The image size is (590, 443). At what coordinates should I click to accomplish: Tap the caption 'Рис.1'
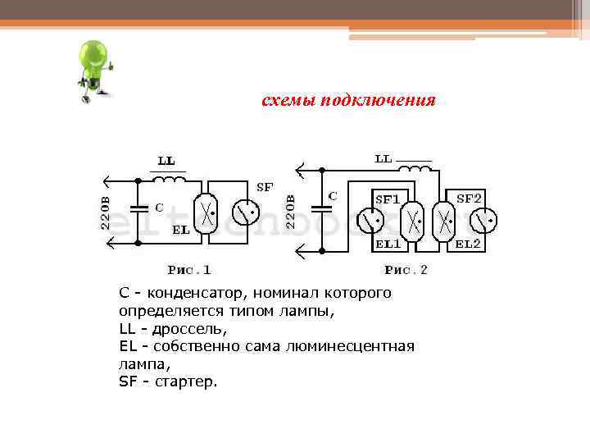click(189, 269)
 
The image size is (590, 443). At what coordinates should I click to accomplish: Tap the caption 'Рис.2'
click(406, 269)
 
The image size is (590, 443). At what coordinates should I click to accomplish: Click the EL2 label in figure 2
click(468, 244)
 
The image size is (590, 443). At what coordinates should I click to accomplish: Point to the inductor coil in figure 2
click(415, 168)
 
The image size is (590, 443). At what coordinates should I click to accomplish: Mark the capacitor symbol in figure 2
click(323, 208)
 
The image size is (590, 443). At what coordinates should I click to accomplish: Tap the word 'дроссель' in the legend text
click(191, 328)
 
